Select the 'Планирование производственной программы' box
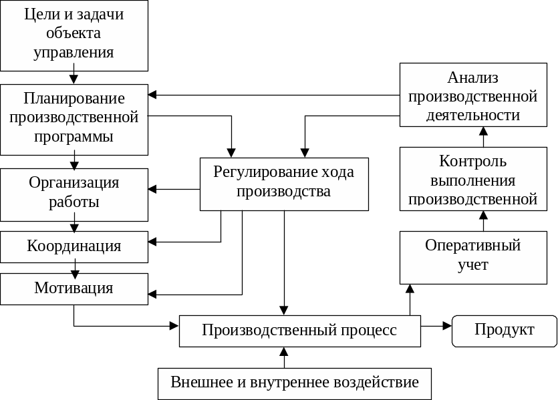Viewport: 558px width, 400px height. [74, 119]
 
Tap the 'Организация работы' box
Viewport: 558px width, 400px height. [74, 194]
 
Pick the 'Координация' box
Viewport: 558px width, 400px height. [74, 246]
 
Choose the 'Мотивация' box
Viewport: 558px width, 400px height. [74, 289]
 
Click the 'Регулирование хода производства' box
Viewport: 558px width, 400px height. [284, 183]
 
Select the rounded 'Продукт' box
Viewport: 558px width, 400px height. [505, 331]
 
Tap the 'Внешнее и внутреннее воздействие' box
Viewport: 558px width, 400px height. [294, 383]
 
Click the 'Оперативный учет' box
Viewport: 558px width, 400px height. [473, 256]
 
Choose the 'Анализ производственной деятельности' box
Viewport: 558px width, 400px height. [473, 95]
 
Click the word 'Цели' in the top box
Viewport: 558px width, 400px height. [39, 15]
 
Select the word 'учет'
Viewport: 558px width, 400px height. [473, 265]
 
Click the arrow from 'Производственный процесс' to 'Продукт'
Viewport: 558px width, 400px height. [437, 326]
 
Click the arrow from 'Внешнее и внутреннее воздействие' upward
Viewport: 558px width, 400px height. [285, 357]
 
